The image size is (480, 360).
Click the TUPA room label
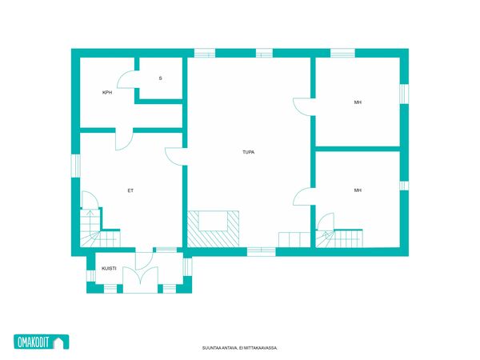[248, 152]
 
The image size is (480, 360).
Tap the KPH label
[107, 93]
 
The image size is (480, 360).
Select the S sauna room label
[160, 78]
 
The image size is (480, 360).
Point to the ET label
[130, 190]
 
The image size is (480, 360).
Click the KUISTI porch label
[109, 269]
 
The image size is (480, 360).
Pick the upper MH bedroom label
[358, 102]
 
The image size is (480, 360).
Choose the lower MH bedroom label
[358, 190]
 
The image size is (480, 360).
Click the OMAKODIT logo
[42, 342]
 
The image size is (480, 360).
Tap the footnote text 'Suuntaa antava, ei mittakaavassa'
[240, 348]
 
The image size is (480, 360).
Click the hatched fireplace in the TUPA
[213, 229]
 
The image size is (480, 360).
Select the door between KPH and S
[126, 79]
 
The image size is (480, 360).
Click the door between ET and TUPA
[176, 157]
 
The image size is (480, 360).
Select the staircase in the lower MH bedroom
[339, 238]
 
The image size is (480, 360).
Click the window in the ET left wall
[76, 166]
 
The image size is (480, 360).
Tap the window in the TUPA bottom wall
[261, 252]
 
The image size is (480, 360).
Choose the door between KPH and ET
[124, 139]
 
